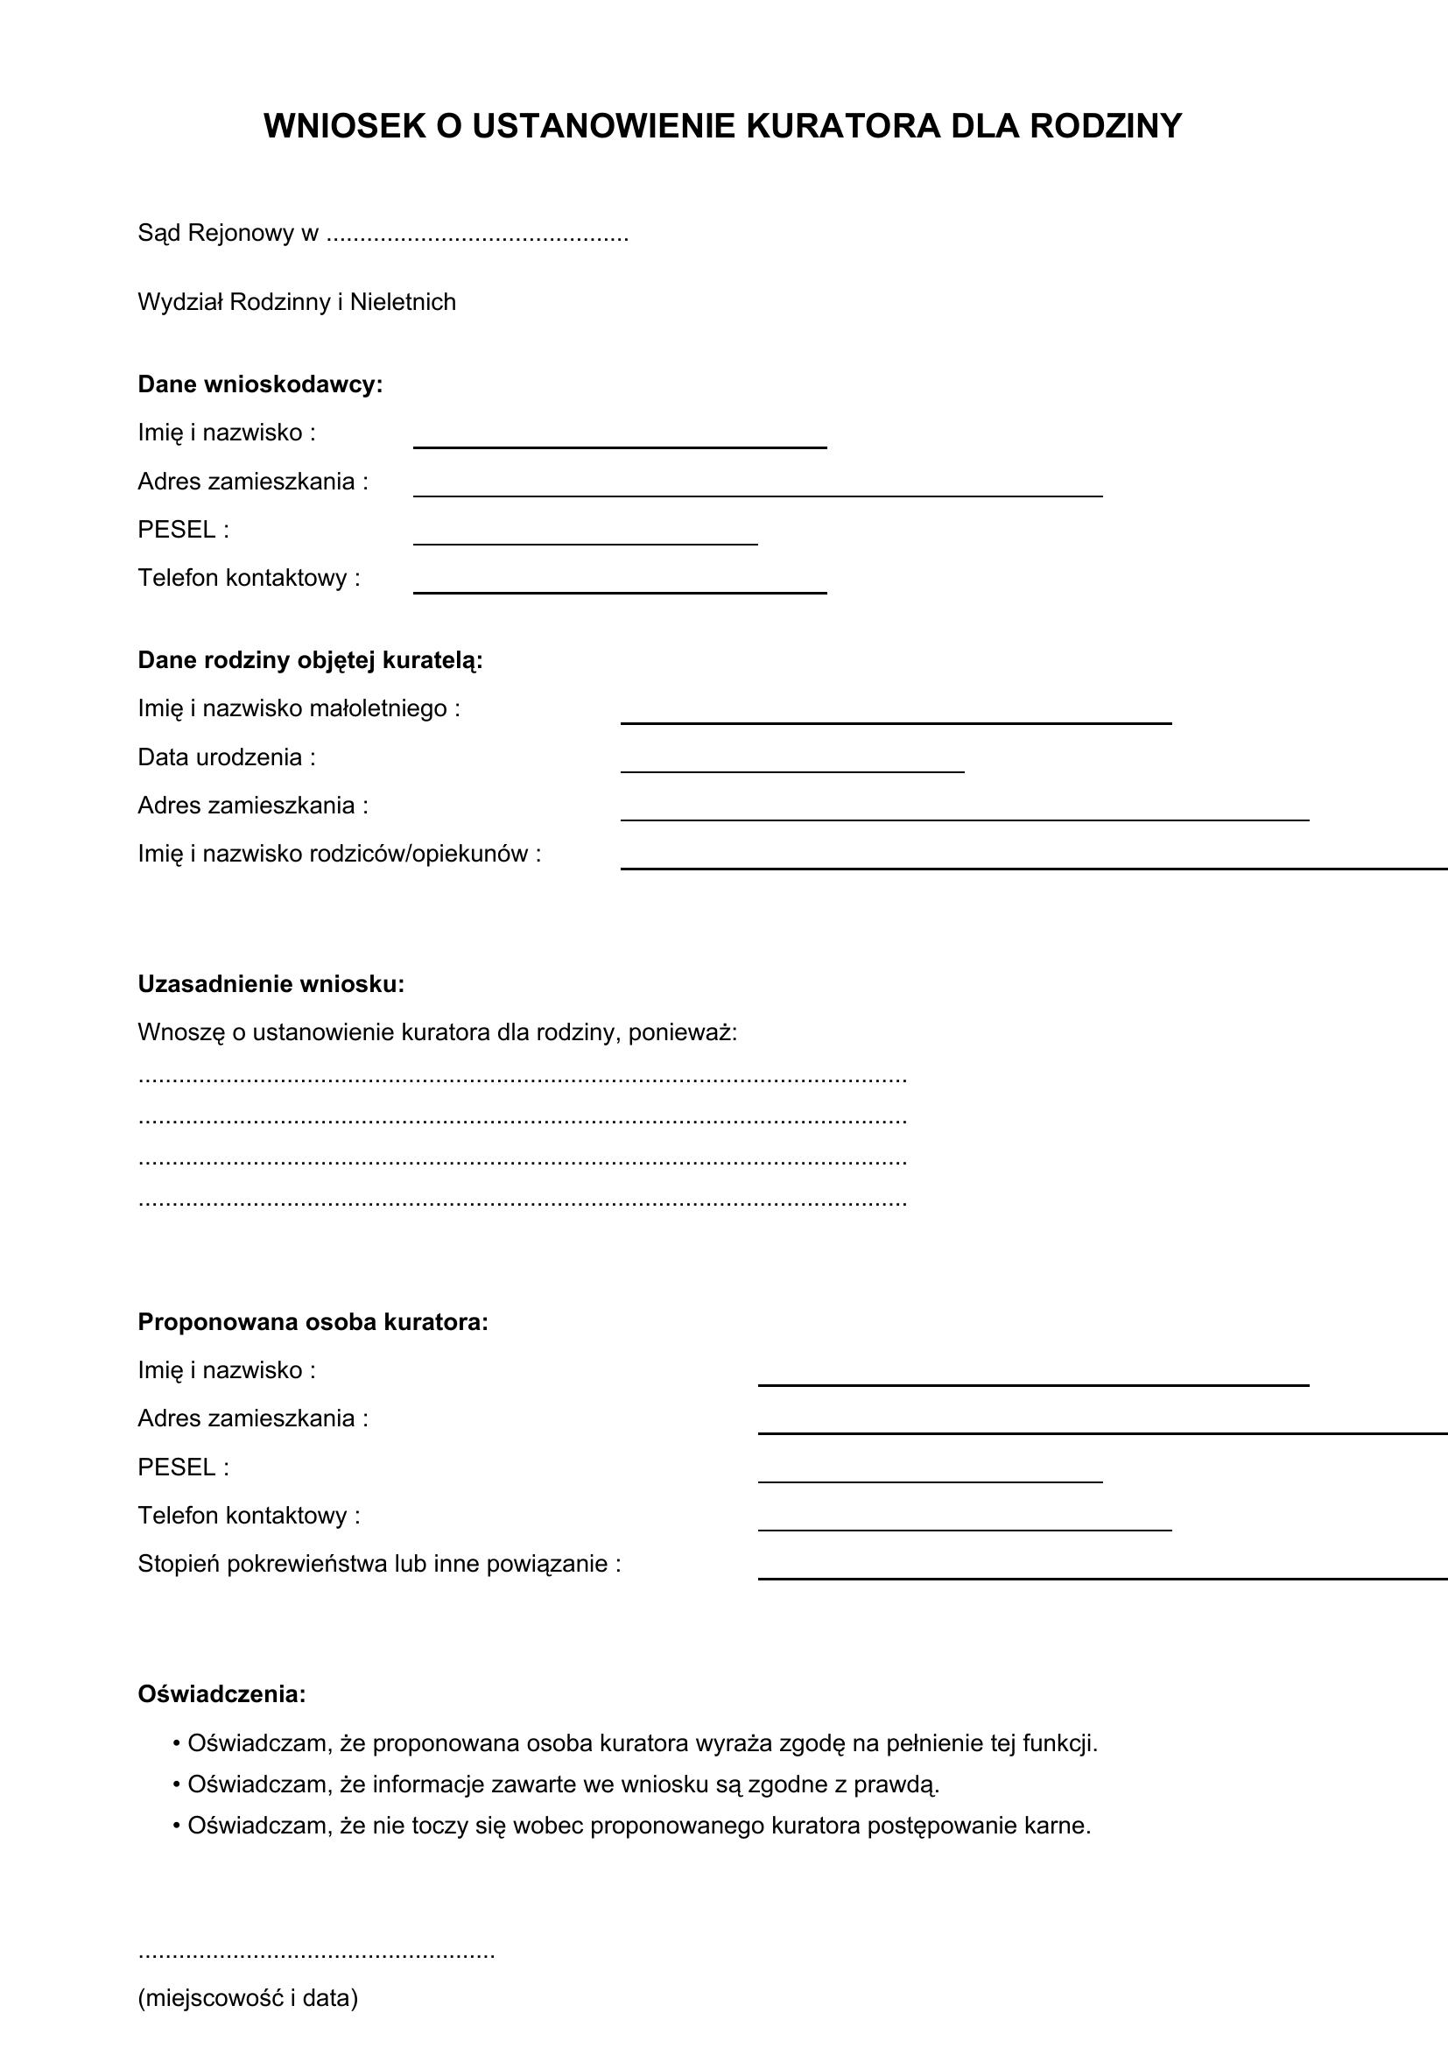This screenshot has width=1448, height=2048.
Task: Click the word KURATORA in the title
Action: [x=842, y=126]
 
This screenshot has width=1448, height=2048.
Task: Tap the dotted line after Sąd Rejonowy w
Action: [x=477, y=236]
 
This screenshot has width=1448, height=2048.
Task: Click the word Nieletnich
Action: [x=402, y=302]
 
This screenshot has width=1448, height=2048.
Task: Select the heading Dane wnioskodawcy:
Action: [x=259, y=384]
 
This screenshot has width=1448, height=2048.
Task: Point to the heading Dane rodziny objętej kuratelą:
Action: [x=309, y=660]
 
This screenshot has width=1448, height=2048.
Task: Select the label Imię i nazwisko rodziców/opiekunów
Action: [x=339, y=854]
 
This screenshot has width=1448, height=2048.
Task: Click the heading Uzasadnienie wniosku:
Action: [x=271, y=984]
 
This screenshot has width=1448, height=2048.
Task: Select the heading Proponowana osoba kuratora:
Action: [x=313, y=1322]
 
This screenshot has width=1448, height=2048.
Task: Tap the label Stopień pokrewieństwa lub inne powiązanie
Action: [x=379, y=1564]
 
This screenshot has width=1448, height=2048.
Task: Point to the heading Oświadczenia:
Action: [x=221, y=1694]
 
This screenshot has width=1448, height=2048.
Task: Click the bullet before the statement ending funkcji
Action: [x=177, y=1743]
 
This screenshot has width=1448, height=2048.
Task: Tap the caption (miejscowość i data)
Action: [x=248, y=1998]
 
